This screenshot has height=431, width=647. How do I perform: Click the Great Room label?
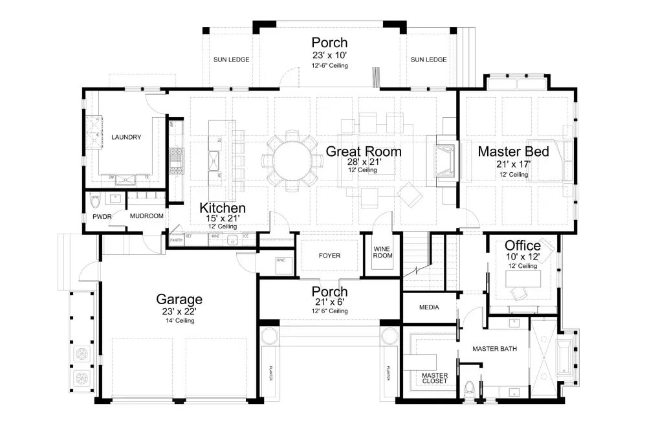click(x=363, y=151)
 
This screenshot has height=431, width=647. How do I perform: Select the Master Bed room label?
click(x=513, y=151)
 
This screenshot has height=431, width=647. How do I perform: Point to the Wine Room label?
click(x=384, y=251)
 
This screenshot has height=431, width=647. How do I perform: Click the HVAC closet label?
click(x=281, y=260)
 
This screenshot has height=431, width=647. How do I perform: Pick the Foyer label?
click(x=329, y=256)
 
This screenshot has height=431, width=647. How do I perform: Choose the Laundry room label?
click(x=126, y=137)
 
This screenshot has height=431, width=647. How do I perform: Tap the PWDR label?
click(x=102, y=216)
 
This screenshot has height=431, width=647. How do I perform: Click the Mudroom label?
click(x=146, y=216)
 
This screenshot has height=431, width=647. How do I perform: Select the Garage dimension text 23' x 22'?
click(x=179, y=311)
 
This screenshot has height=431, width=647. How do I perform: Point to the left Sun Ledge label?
click(x=232, y=60)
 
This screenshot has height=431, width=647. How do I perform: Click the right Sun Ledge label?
click(x=428, y=60)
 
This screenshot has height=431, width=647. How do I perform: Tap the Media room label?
click(x=429, y=307)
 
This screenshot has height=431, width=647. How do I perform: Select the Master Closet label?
click(x=434, y=378)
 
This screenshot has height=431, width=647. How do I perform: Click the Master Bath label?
click(x=494, y=349)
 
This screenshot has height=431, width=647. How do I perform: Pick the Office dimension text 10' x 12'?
click(x=523, y=257)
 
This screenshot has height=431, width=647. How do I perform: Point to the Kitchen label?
click(x=222, y=208)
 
